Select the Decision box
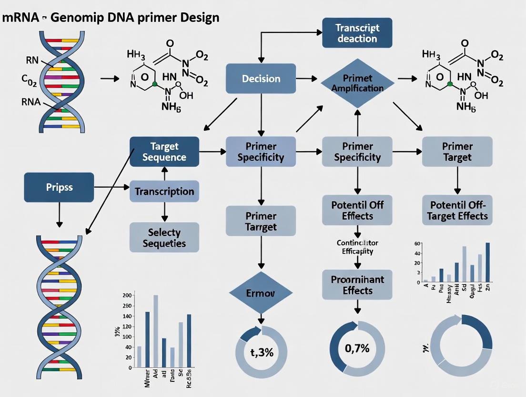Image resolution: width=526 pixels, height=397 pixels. pos(261,78)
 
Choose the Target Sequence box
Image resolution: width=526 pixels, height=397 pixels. pos(164,151)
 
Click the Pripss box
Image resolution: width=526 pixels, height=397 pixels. pos(59,187)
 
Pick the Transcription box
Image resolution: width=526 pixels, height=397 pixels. pos(164,191)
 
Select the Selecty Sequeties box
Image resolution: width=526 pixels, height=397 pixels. pos(164,238)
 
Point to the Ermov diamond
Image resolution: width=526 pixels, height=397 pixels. pos(261,292)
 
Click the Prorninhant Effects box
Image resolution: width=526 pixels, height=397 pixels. pos(357,285)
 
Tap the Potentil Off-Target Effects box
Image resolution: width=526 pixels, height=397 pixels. pos(457,210)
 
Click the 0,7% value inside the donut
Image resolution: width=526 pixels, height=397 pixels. pos(357,348)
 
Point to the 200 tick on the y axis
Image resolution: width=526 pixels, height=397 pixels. pos(126,296)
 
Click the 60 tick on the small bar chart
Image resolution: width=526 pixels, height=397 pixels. pos(418,244)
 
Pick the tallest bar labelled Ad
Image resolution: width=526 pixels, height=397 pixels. pos(155,331)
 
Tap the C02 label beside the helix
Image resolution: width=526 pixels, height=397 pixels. pos(29,80)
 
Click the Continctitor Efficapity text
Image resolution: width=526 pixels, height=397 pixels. pos(357,247)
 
